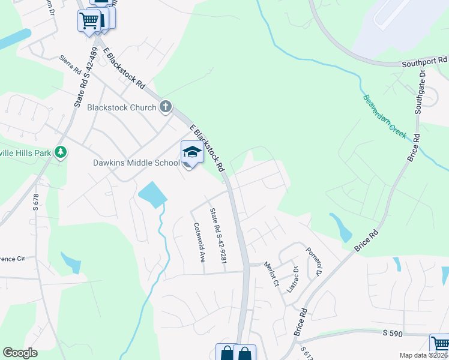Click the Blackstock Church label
coord(122,108)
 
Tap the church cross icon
coord(166,107)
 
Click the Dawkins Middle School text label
coord(136,163)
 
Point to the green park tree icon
coord(60,152)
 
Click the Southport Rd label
coord(425,61)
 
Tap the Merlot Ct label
coord(271,275)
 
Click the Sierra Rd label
coord(70,65)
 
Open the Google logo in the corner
coord(20,353)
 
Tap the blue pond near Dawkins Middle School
coord(151,194)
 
